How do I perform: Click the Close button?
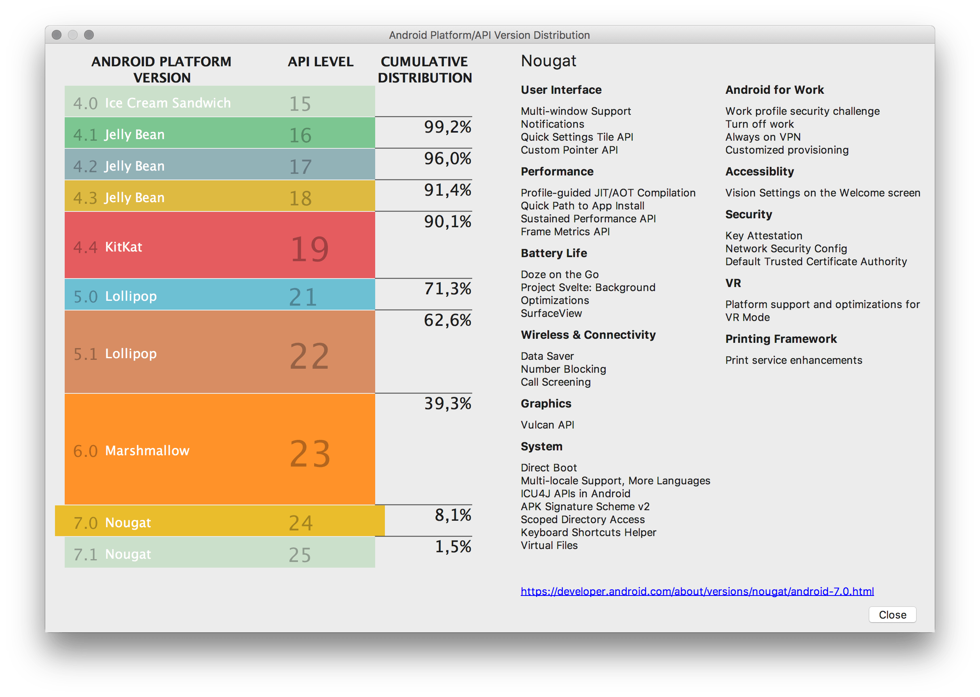coord(892,615)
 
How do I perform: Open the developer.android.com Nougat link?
coord(697,591)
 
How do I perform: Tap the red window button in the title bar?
coord(57,35)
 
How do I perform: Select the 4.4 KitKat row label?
coord(108,247)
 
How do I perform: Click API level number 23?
coord(310,454)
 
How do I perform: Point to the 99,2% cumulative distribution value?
coord(447,127)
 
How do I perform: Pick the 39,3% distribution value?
coord(447,403)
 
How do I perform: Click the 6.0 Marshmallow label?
coord(131,451)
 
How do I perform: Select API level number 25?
coord(300,555)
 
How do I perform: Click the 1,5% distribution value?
coord(453,547)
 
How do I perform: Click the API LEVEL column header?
coord(321,62)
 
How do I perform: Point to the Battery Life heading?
coord(553,253)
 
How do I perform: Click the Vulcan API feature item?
coord(547,425)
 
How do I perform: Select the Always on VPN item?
coord(762,137)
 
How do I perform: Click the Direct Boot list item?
coord(548,468)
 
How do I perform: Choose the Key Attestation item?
coord(763,236)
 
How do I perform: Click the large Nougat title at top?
coord(548,61)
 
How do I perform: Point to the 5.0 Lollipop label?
coord(115,296)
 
